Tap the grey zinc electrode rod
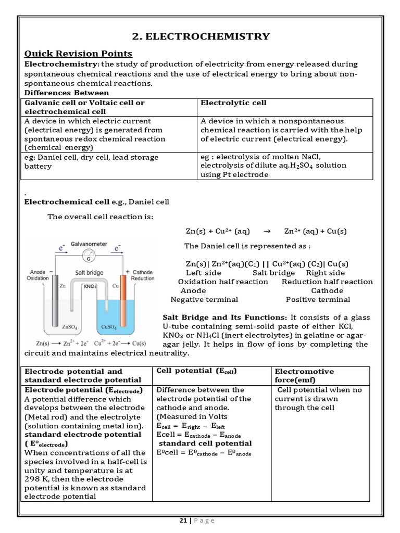55,302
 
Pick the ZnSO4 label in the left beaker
70,327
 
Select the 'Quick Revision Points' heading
79,54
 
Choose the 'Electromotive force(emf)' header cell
304,375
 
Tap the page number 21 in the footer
183,521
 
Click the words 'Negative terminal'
204,299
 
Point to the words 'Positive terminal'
318,299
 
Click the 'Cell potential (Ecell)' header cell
196,371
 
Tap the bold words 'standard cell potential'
205,443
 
